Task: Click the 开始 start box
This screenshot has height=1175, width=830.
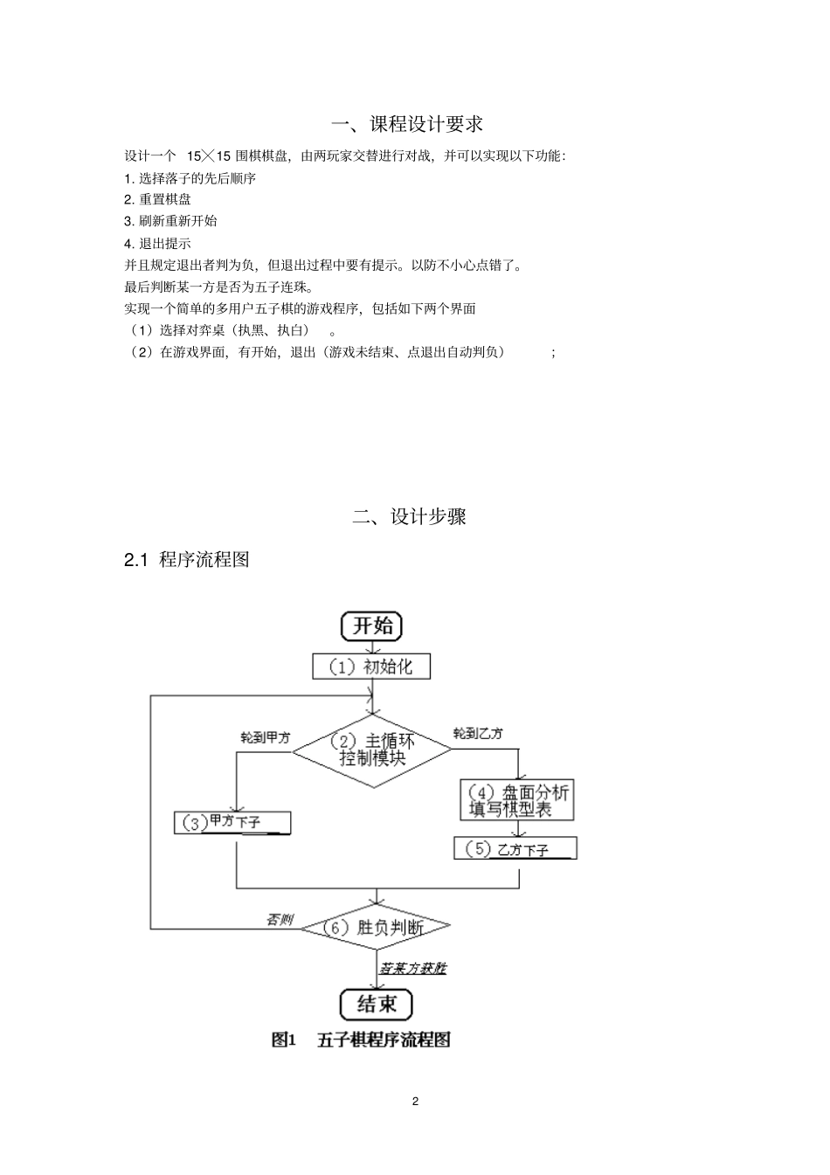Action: (x=371, y=626)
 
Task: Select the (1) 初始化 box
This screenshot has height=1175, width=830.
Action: (x=371, y=667)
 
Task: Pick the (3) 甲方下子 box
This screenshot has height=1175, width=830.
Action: (x=232, y=822)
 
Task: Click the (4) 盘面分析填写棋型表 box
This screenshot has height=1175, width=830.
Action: (x=517, y=799)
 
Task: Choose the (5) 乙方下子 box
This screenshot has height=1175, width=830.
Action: (x=515, y=848)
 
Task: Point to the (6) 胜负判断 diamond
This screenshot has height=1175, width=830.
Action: (x=376, y=927)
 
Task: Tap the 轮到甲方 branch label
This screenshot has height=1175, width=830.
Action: (x=266, y=737)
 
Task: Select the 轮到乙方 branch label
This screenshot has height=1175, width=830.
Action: (x=478, y=733)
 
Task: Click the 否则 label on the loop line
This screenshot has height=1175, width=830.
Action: (x=280, y=919)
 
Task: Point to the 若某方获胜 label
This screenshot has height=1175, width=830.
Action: (x=412, y=968)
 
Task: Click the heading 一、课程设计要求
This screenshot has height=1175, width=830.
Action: (x=409, y=124)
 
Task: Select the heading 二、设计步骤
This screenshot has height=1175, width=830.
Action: (x=409, y=516)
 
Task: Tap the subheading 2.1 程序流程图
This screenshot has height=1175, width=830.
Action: (x=187, y=560)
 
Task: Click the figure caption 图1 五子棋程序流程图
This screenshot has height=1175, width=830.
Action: (x=361, y=1040)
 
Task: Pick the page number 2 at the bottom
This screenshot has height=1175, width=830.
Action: (x=415, y=1101)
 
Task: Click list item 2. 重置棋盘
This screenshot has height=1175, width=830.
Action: (x=158, y=199)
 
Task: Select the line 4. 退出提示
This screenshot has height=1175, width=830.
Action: (x=158, y=243)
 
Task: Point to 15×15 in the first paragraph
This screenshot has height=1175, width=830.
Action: (x=210, y=156)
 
